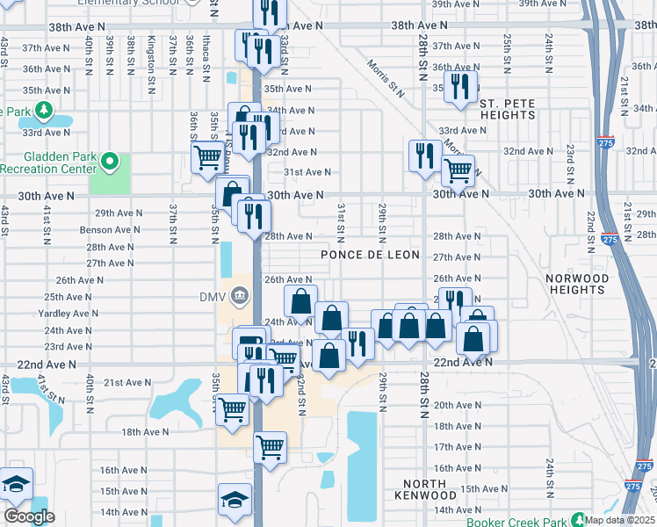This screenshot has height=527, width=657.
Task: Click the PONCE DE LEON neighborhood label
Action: point(370,255)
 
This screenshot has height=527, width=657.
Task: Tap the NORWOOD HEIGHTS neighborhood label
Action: point(577,284)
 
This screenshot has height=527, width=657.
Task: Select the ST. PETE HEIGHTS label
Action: point(507,109)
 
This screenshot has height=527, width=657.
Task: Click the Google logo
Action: point(29,516)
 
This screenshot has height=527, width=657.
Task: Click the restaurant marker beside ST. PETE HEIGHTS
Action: point(459,87)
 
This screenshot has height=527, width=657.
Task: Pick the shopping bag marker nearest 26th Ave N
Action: point(300,301)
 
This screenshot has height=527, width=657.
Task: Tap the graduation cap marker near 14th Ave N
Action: point(235,500)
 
